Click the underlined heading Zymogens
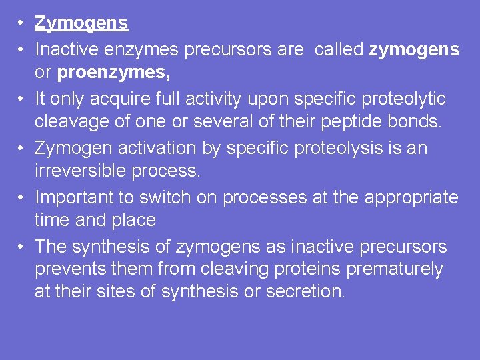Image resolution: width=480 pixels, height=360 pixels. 81,23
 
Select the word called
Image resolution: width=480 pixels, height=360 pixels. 339,49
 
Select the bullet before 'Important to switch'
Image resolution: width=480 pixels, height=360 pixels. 21,198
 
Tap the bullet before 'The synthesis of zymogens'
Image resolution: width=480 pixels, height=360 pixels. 21,247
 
